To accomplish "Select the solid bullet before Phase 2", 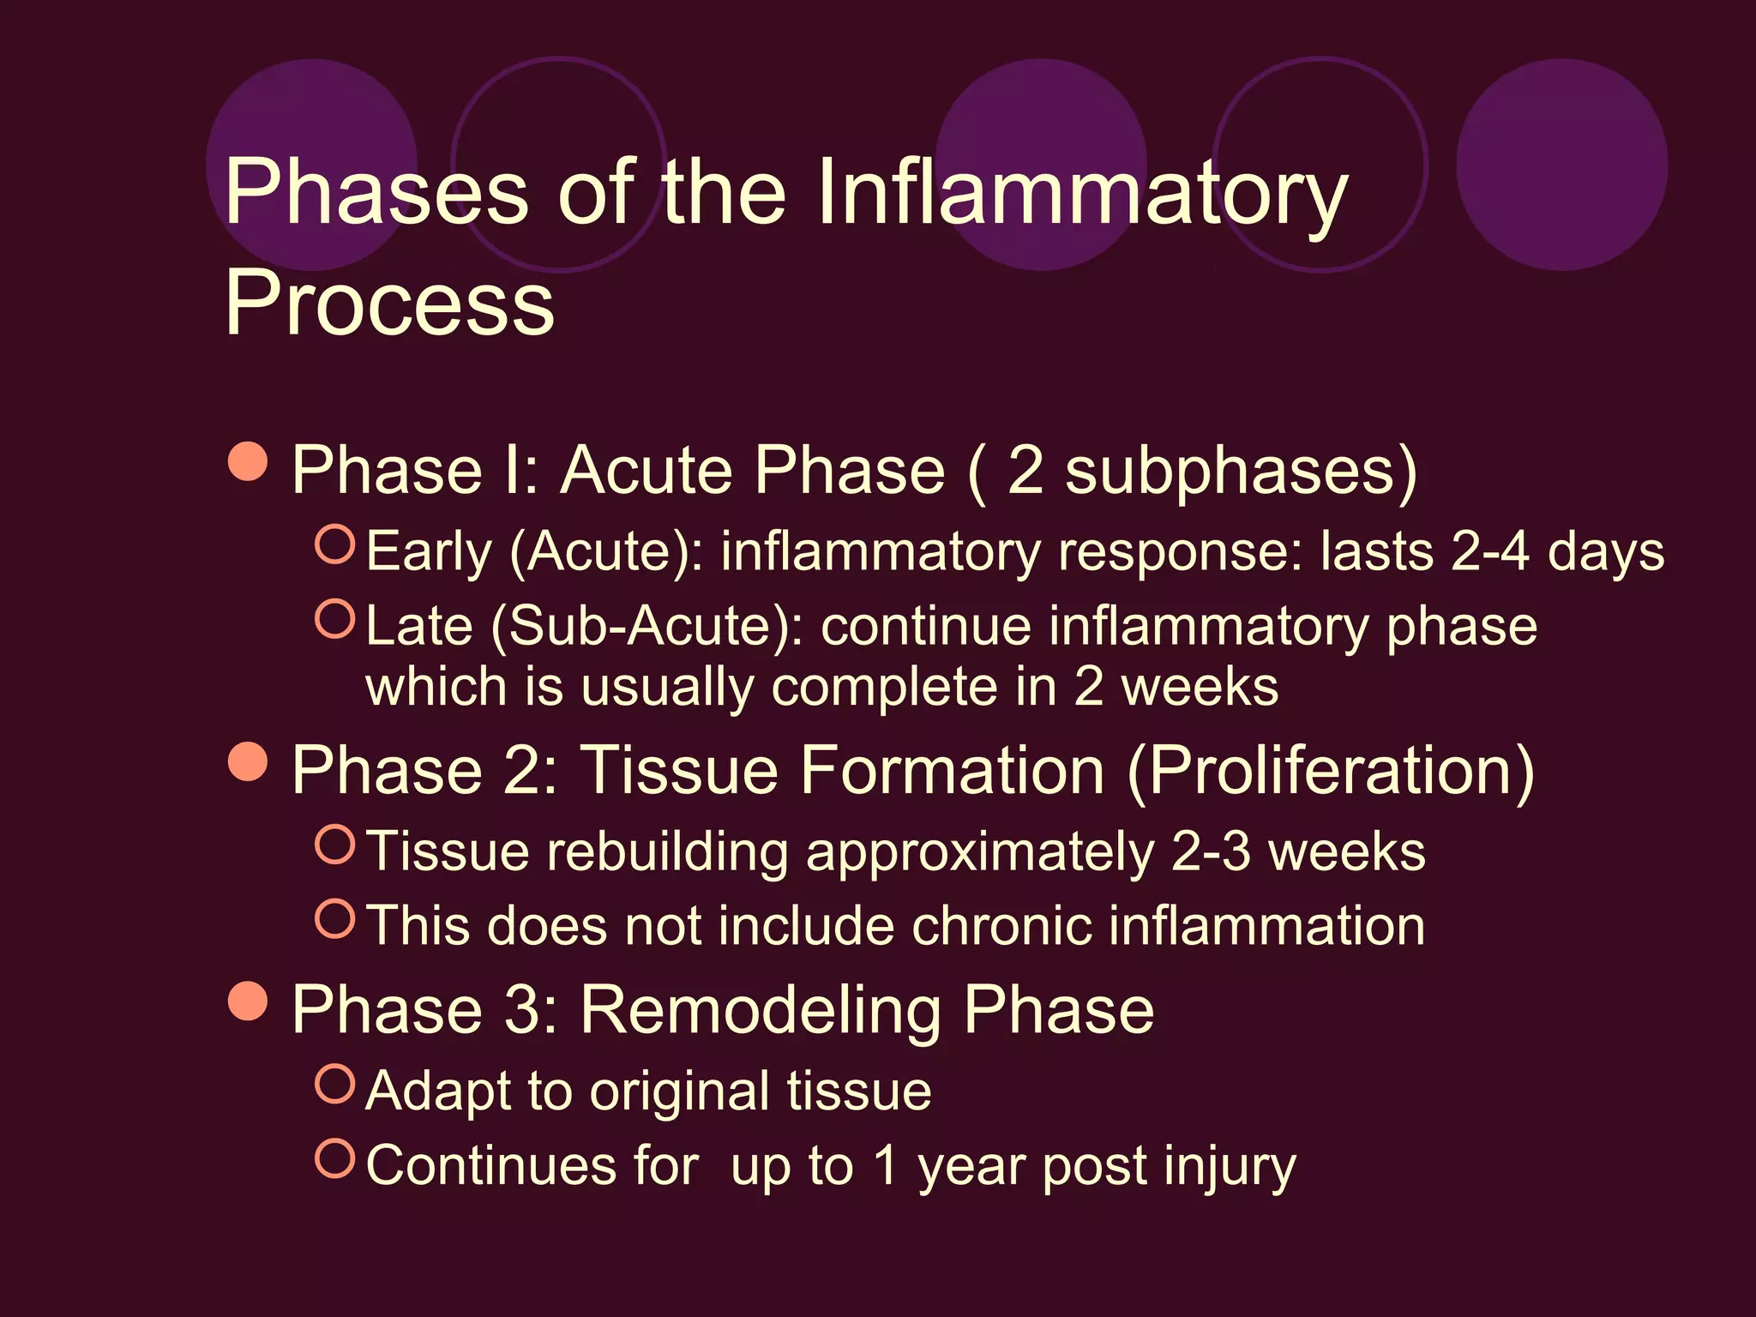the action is click(249, 761).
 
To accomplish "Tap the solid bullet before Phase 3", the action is click(249, 1000).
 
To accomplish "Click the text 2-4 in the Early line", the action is click(1490, 551).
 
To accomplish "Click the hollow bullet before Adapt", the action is click(334, 1084).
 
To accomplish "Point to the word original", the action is click(680, 1091).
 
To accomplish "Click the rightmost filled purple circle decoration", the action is click(1561, 165).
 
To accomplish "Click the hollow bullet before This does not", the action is click(334, 918).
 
